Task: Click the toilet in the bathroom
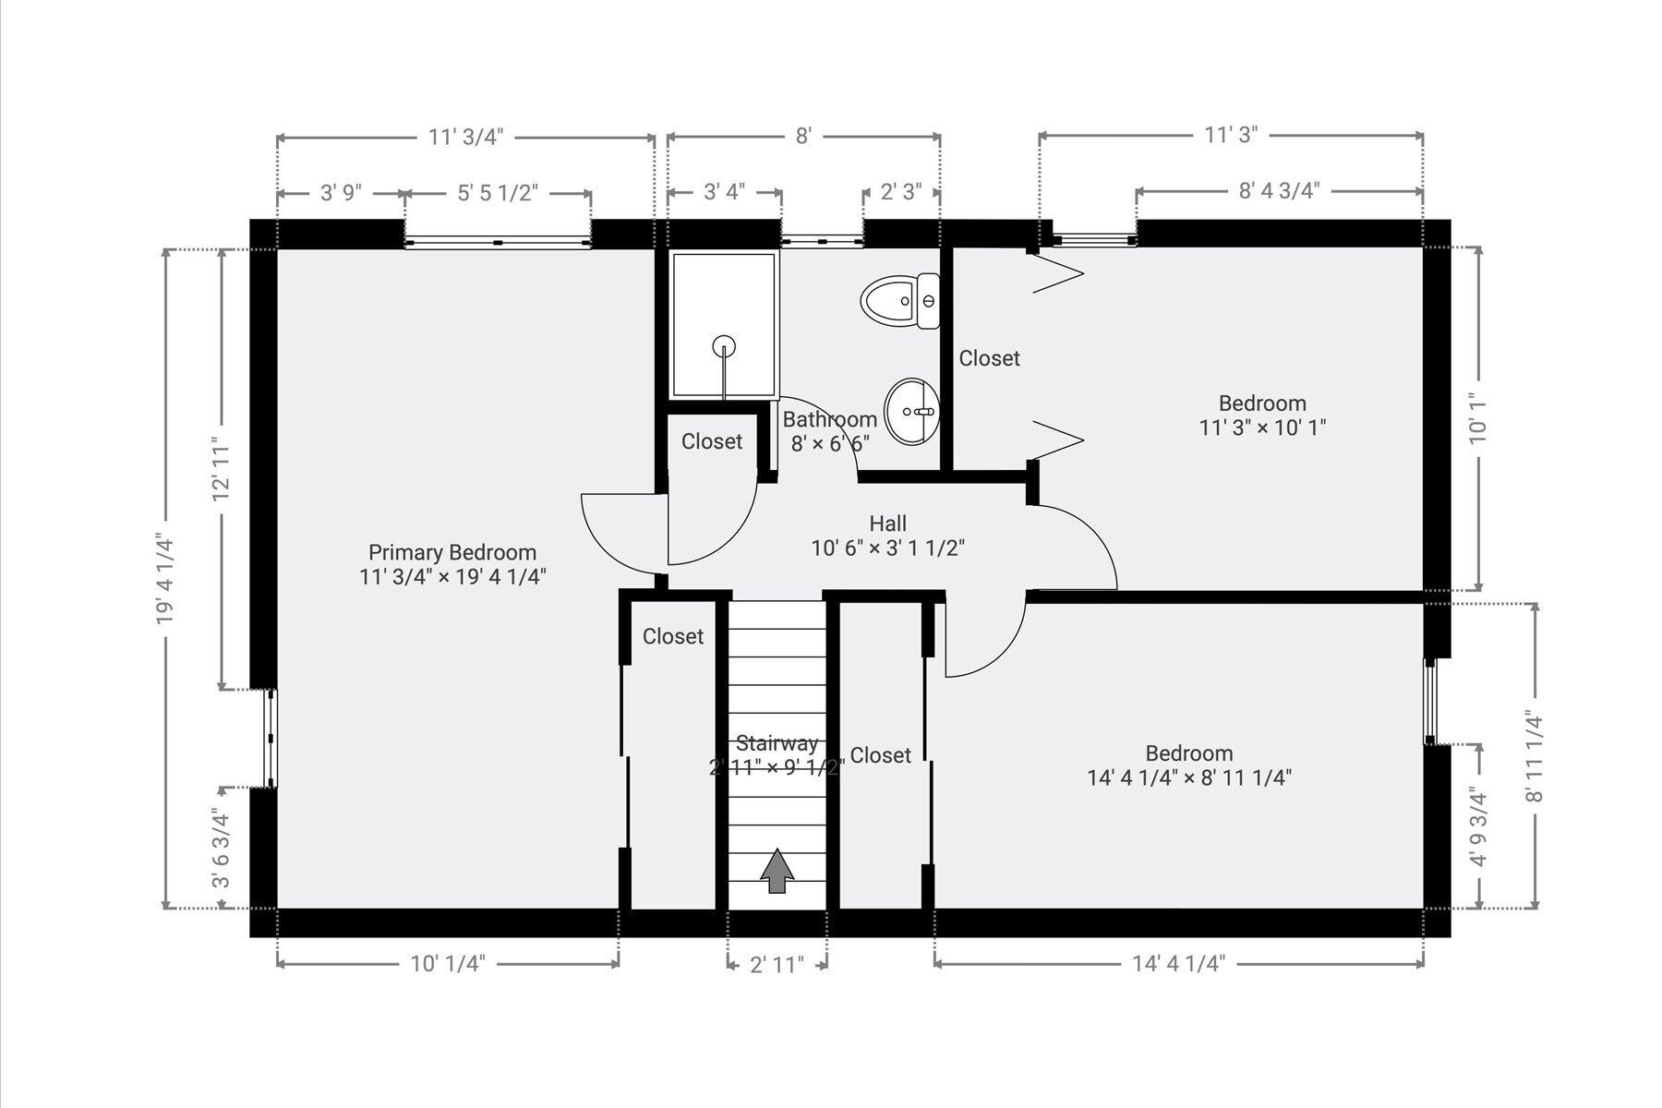900,301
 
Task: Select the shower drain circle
725,346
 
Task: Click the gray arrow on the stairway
777,871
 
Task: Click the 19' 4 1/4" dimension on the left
166,579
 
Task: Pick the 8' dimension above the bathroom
803,137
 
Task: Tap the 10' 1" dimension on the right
1479,420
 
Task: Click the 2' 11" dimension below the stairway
777,965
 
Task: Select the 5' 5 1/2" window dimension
498,192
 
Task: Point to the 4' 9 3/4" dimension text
1479,827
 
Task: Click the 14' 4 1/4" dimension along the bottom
1178,964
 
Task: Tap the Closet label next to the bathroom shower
712,441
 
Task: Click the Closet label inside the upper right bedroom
989,358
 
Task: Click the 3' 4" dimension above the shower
725,192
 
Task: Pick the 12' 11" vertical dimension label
222,469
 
